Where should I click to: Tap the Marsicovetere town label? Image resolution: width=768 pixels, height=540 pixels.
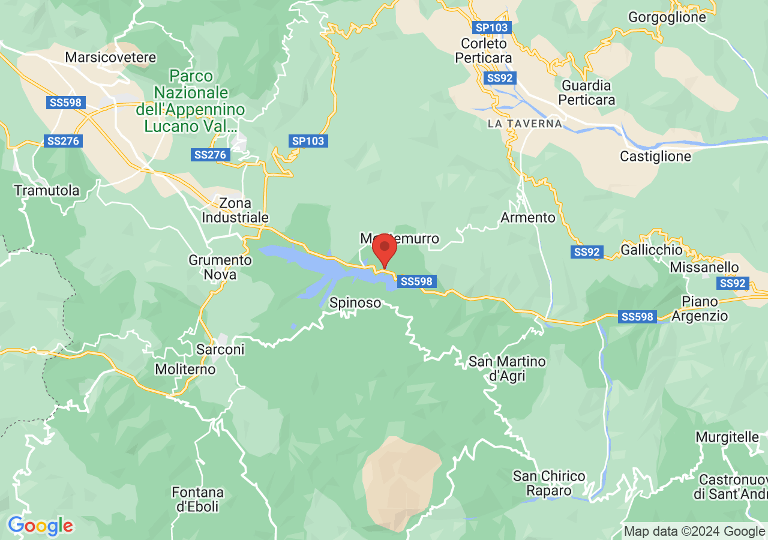pyautogui.click(x=111, y=58)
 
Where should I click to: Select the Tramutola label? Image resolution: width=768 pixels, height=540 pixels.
pyautogui.click(x=47, y=191)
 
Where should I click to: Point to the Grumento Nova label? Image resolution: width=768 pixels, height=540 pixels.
pyautogui.click(x=220, y=268)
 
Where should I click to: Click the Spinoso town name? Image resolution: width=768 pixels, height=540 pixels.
pyautogui.click(x=355, y=303)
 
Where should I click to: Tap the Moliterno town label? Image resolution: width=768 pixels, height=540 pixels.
pyautogui.click(x=185, y=369)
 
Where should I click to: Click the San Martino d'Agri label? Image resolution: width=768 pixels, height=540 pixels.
pyautogui.click(x=507, y=369)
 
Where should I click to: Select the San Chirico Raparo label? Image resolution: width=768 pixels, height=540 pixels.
pyautogui.click(x=548, y=483)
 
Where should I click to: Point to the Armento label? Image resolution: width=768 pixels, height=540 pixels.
pyautogui.click(x=528, y=217)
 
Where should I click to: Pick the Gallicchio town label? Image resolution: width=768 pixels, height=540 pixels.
pyautogui.click(x=652, y=249)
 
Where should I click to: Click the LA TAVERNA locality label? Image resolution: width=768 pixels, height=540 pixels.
pyautogui.click(x=525, y=124)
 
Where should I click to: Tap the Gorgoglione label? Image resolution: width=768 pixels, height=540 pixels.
pyautogui.click(x=667, y=17)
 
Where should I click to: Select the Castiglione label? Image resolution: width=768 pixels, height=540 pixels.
pyautogui.click(x=655, y=157)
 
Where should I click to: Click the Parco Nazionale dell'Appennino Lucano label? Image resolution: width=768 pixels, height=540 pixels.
pyautogui.click(x=191, y=101)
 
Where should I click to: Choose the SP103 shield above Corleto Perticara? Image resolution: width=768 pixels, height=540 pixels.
pyautogui.click(x=491, y=28)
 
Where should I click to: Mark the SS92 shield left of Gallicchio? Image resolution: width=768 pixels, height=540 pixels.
pyautogui.click(x=586, y=253)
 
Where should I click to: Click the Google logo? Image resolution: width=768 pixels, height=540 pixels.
pyautogui.click(x=41, y=526)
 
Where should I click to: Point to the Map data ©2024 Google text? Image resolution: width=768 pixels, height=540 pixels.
pyautogui.click(x=694, y=531)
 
